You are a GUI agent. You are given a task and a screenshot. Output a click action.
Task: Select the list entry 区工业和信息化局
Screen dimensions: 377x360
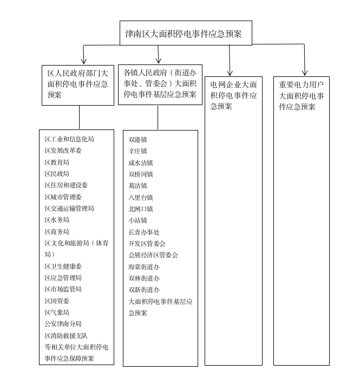coord(69,139)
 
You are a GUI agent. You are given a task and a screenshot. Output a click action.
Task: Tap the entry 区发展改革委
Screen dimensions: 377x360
coord(63,151)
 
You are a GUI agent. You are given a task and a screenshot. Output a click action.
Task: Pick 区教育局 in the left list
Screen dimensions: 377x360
coord(57,162)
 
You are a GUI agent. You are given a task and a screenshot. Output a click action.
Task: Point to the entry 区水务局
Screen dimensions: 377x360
coord(57,220)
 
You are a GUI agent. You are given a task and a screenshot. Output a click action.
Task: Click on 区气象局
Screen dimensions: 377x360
coord(57,313)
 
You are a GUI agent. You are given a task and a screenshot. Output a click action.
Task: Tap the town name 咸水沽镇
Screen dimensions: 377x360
coord(141,162)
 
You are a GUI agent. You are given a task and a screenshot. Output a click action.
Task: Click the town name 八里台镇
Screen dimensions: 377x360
coord(141,197)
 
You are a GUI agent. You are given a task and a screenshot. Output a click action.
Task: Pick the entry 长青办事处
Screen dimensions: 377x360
coord(144,232)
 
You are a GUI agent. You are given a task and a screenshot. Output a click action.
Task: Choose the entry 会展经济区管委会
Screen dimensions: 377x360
coord(153,255)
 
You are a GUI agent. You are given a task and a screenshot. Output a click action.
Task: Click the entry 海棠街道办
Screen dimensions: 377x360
coord(144,266)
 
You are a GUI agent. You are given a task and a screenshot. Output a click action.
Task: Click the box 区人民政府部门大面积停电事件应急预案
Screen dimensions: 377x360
coord(78,84)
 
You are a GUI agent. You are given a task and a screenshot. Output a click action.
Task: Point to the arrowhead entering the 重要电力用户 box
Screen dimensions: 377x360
coord(305,72)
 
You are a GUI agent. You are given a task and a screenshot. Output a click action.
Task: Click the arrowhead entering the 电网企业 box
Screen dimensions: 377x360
coord(230,72)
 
